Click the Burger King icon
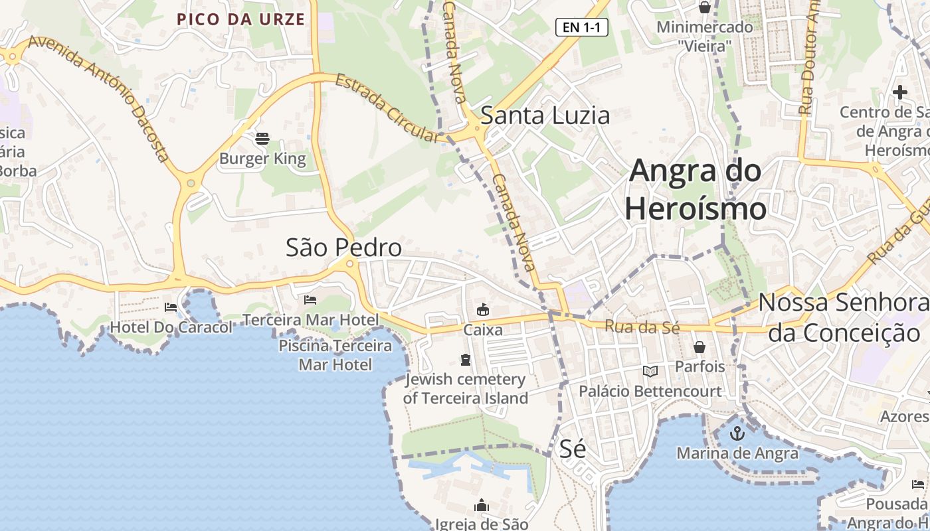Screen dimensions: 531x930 (262, 139)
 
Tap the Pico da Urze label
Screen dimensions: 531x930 (240, 19)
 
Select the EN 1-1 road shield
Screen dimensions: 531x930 (581, 27)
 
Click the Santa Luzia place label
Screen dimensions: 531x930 (545, 115)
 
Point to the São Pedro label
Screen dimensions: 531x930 (343, 248)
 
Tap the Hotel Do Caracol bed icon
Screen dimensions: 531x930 (171, 307)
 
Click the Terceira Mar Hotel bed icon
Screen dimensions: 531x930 (310, 300)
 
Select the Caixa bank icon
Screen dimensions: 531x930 (483, 309)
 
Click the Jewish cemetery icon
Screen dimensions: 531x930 (466, 360)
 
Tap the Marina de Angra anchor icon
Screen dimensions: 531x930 (737, 434)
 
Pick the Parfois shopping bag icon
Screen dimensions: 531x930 (699, 347)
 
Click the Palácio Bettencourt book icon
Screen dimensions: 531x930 (650, 372)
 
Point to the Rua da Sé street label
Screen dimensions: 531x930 (642, 327)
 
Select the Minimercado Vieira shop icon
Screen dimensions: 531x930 (704, 8)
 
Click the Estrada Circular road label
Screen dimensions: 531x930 (389, 108)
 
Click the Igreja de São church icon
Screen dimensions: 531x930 (482, 506)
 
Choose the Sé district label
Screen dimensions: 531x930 (572, 449)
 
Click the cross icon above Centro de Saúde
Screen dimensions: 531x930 (900, 92)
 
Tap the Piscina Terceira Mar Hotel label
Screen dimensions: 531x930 (335, 355)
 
